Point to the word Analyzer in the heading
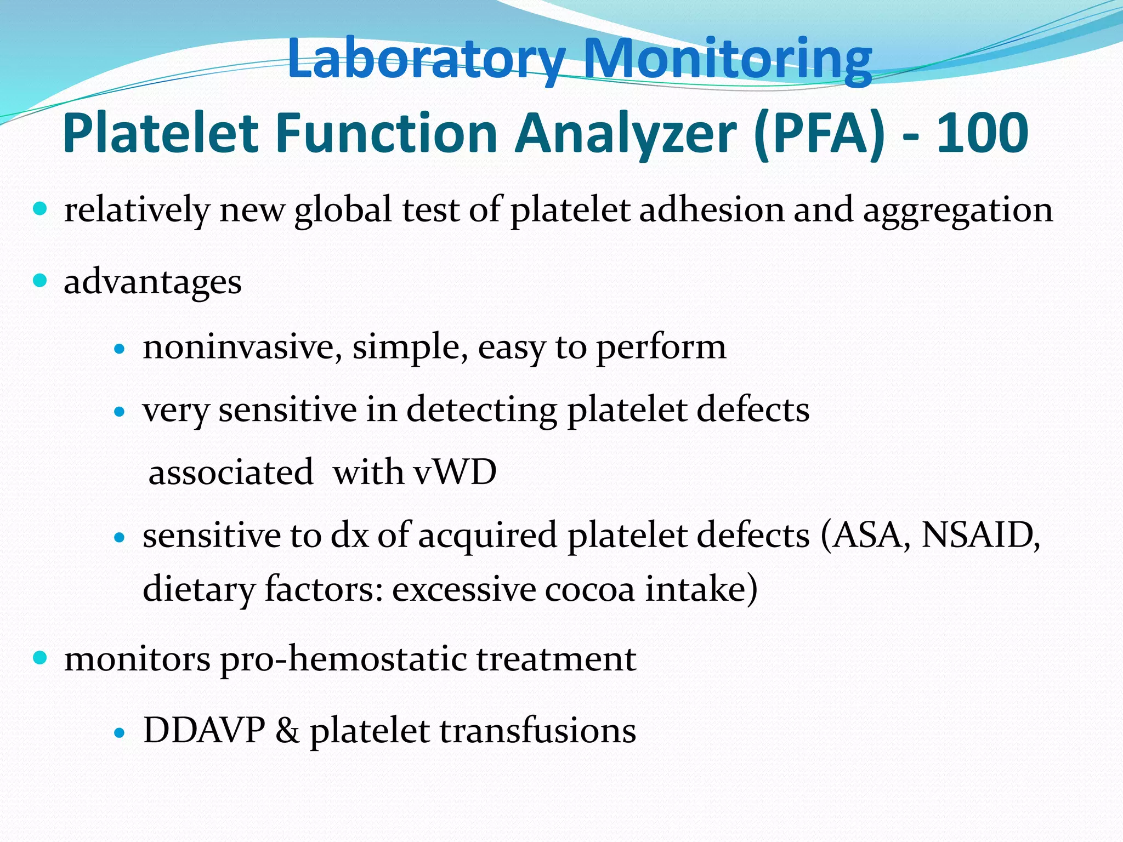(625, 133)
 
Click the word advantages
(152, 283)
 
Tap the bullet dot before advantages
(40, 281)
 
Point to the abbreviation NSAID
(980, 535)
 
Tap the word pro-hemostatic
(343, 659)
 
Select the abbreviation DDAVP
(204, 731)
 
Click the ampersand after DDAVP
(287, 731)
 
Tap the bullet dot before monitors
(40, 657)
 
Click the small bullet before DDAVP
(120, 732)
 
